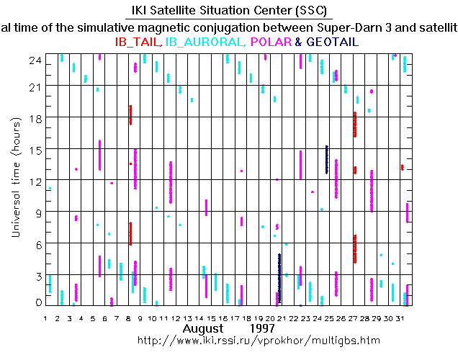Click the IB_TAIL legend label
coord(138,42)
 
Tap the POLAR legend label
coord(271,42)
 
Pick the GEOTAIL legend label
coord(333,42)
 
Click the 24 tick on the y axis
coord(33,62)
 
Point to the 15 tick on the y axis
coord(33,150)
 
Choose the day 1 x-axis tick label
coord(45,318)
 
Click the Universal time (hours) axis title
coord(15,179)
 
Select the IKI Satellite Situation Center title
coord(229,12)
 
